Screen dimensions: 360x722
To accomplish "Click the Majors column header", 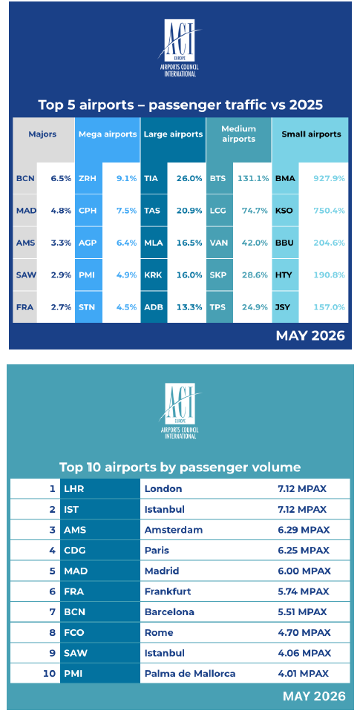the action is click(x=42, y=134).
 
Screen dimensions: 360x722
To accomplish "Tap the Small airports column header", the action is click(x=311, y=134).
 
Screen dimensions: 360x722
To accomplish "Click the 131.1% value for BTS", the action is click(x=253, y=178).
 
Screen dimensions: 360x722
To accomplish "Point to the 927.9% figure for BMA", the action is click(x=330, y=178).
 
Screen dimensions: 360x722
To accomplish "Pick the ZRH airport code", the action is click(x=88, y=178).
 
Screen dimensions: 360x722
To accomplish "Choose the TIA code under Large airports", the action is click(x=151, y=178).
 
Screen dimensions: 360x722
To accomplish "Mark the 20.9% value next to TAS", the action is click(x=189, y=211).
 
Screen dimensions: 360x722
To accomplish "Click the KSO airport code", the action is click(x=284, y=211).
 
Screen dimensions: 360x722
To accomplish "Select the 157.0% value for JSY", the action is click(x=330, y=306).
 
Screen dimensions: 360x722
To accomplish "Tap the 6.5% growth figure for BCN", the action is click(x=61, y=178).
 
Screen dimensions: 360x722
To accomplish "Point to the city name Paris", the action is click(x=157, y=551).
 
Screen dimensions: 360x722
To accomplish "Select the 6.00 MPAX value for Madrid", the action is click(x=301, y=571).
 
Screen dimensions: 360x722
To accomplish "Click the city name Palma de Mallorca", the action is click(x=190, y=674).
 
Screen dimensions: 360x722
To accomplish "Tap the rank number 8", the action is click(x=53, y=633).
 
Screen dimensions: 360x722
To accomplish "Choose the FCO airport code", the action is click(x=74, y=633).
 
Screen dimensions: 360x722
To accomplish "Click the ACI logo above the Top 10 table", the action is click(x=180, y=411).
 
